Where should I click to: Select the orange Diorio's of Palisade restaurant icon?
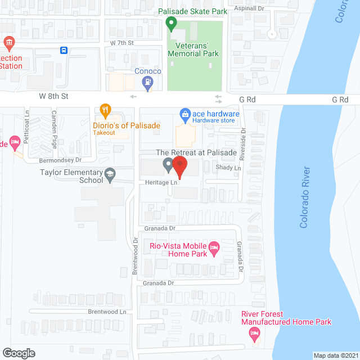coord(104,110)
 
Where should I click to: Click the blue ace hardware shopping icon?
coord(184,115)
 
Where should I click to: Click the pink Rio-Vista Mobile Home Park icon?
coord(214,247)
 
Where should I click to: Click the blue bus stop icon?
coord(64,50)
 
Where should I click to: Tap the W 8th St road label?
coord(53,97)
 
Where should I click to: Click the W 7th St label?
coord(122,43)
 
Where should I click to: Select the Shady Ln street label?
coord(228,168)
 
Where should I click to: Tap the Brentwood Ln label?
coord(106,310)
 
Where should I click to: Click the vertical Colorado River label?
coord(305,197)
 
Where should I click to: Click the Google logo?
coord(19,353)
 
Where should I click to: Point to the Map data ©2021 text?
coord(335,355)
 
